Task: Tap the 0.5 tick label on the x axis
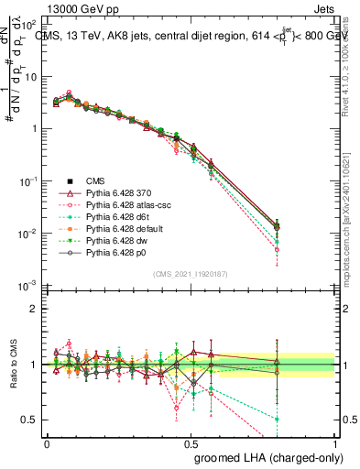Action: pyautogui.click(x=191, y=442)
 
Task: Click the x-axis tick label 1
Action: pyautogui.click(x=334, y=442)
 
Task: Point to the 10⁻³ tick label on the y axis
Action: pyautogui.click(x=29, y=287)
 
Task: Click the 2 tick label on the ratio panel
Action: pyautogui.click(x=34, y=309)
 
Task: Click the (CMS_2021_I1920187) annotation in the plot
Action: pyautogui.click(x=191, y=275)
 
